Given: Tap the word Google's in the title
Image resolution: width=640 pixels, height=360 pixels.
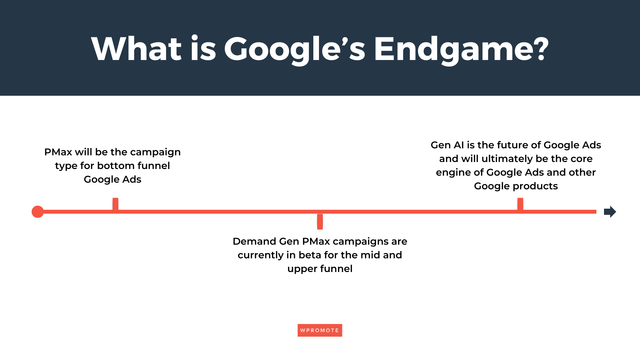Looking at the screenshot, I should pyautogui.click(x=295, y=49).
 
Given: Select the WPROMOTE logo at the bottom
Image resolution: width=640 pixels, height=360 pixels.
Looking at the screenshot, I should pyautogui.click(x=320, y=330).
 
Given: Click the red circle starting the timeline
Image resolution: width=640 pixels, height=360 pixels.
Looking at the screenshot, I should pyautogui.click(x=38, y=212).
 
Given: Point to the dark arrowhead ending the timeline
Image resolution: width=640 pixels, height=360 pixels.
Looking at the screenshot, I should pyautogui.click(x=610, y=212).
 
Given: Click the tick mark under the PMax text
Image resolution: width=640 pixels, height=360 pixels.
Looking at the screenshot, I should pyautogui.click(x=115, y=204).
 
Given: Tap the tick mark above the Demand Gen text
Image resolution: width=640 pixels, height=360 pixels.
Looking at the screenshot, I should pyautogui.click(x=320, y=222).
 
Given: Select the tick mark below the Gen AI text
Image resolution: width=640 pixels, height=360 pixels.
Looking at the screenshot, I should pyautogui.click(x=520, y=204).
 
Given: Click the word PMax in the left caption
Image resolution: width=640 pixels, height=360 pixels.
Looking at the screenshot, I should pyautogui.click(x=58, y=152).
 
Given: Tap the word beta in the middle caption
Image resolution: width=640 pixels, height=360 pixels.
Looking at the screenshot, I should pyautogui.click(x=310, y=255).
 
